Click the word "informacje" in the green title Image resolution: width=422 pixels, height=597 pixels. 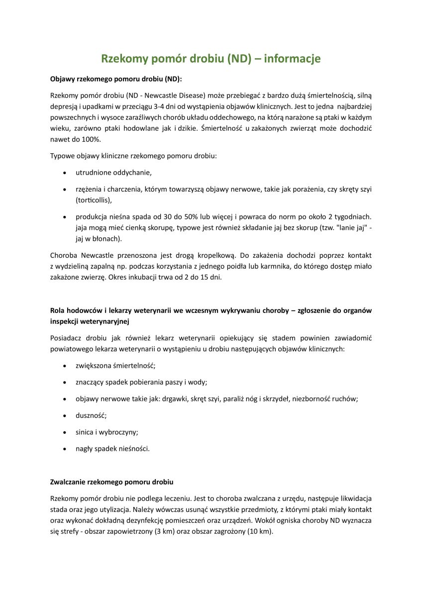292,59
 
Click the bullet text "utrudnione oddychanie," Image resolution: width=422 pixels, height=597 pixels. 113,173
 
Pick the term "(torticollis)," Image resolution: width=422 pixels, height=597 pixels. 94,200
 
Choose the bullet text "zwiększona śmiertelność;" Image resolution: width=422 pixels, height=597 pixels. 115,366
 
